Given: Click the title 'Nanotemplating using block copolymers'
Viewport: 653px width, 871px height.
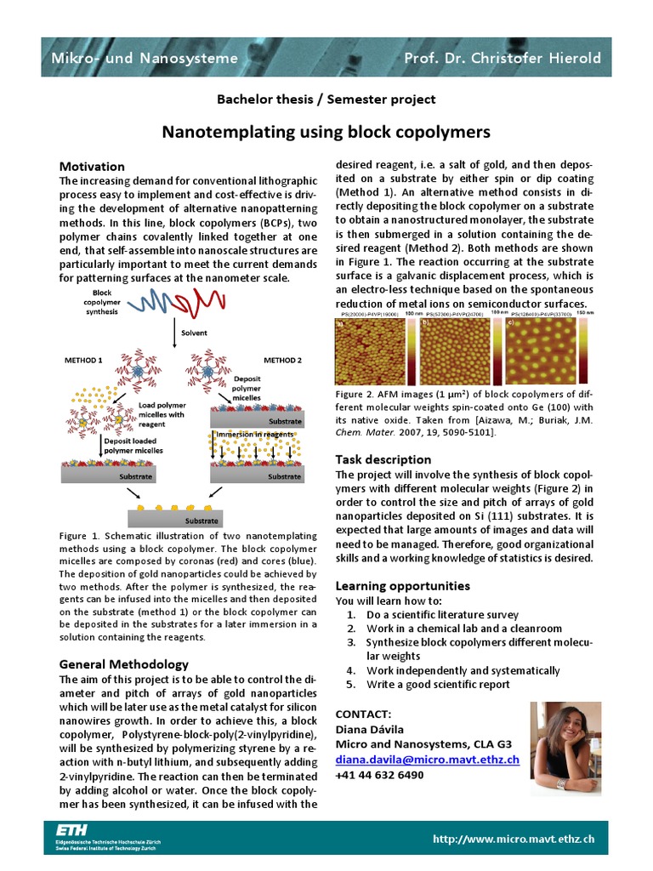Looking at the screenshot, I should point(326,132).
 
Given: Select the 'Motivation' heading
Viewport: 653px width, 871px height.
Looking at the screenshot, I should point(91,167).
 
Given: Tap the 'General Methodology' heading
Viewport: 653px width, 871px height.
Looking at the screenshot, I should point(123,664).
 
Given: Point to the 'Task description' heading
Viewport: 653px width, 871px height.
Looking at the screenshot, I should point(383,459).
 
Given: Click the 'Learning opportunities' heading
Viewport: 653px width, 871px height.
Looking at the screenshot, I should point(402,586).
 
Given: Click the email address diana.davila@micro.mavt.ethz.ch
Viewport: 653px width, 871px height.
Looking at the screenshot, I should point(427,760).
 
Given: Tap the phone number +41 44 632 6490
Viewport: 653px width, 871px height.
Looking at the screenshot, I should point(379,775).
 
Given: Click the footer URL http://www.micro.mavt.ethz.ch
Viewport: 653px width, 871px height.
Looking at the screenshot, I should point(514,839).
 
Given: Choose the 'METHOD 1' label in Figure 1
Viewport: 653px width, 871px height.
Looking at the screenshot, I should point(83,361).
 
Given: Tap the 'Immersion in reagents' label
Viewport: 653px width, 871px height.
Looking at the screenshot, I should point(254,434).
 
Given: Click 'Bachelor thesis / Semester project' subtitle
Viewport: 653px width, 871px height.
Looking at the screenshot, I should point(326,100).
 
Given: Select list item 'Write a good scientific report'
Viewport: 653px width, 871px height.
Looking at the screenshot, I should point(438,684).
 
